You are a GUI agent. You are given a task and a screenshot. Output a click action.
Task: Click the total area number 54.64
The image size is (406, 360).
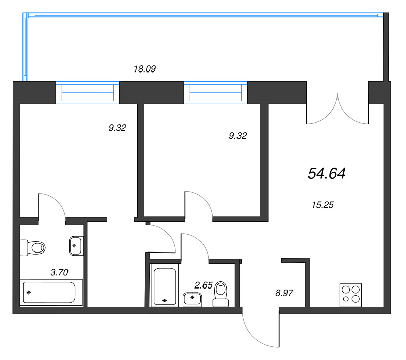tap(326, 174)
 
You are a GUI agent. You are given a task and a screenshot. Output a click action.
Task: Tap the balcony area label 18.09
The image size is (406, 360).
tap(144, 69)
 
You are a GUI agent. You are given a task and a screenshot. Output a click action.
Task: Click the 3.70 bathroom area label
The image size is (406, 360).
tap(59, 272)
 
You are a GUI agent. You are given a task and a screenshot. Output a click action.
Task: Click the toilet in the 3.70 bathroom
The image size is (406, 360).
tap(32, 248)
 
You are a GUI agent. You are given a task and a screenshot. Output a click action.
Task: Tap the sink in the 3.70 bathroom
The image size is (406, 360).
tap(75, 245)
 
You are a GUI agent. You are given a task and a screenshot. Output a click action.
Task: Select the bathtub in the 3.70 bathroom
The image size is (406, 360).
tap(48, 292)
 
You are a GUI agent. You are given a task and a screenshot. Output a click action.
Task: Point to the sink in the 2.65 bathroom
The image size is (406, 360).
tap(192, 299)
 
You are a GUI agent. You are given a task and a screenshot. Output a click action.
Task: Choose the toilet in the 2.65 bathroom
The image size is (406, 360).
tap(221, 295)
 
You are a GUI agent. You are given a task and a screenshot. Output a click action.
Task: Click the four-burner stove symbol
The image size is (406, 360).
tap(350, 294)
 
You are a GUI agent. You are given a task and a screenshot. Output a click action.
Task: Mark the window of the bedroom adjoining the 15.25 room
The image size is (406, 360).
tap(215, 92)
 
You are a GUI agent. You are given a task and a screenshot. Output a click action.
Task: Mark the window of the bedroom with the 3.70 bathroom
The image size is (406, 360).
tap(87, 92)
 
